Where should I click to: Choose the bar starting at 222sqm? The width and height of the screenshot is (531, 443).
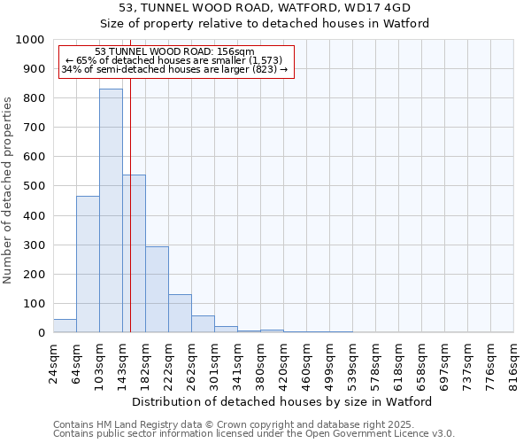(180, 314)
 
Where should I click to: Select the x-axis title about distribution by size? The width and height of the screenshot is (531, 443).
(283, 401)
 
